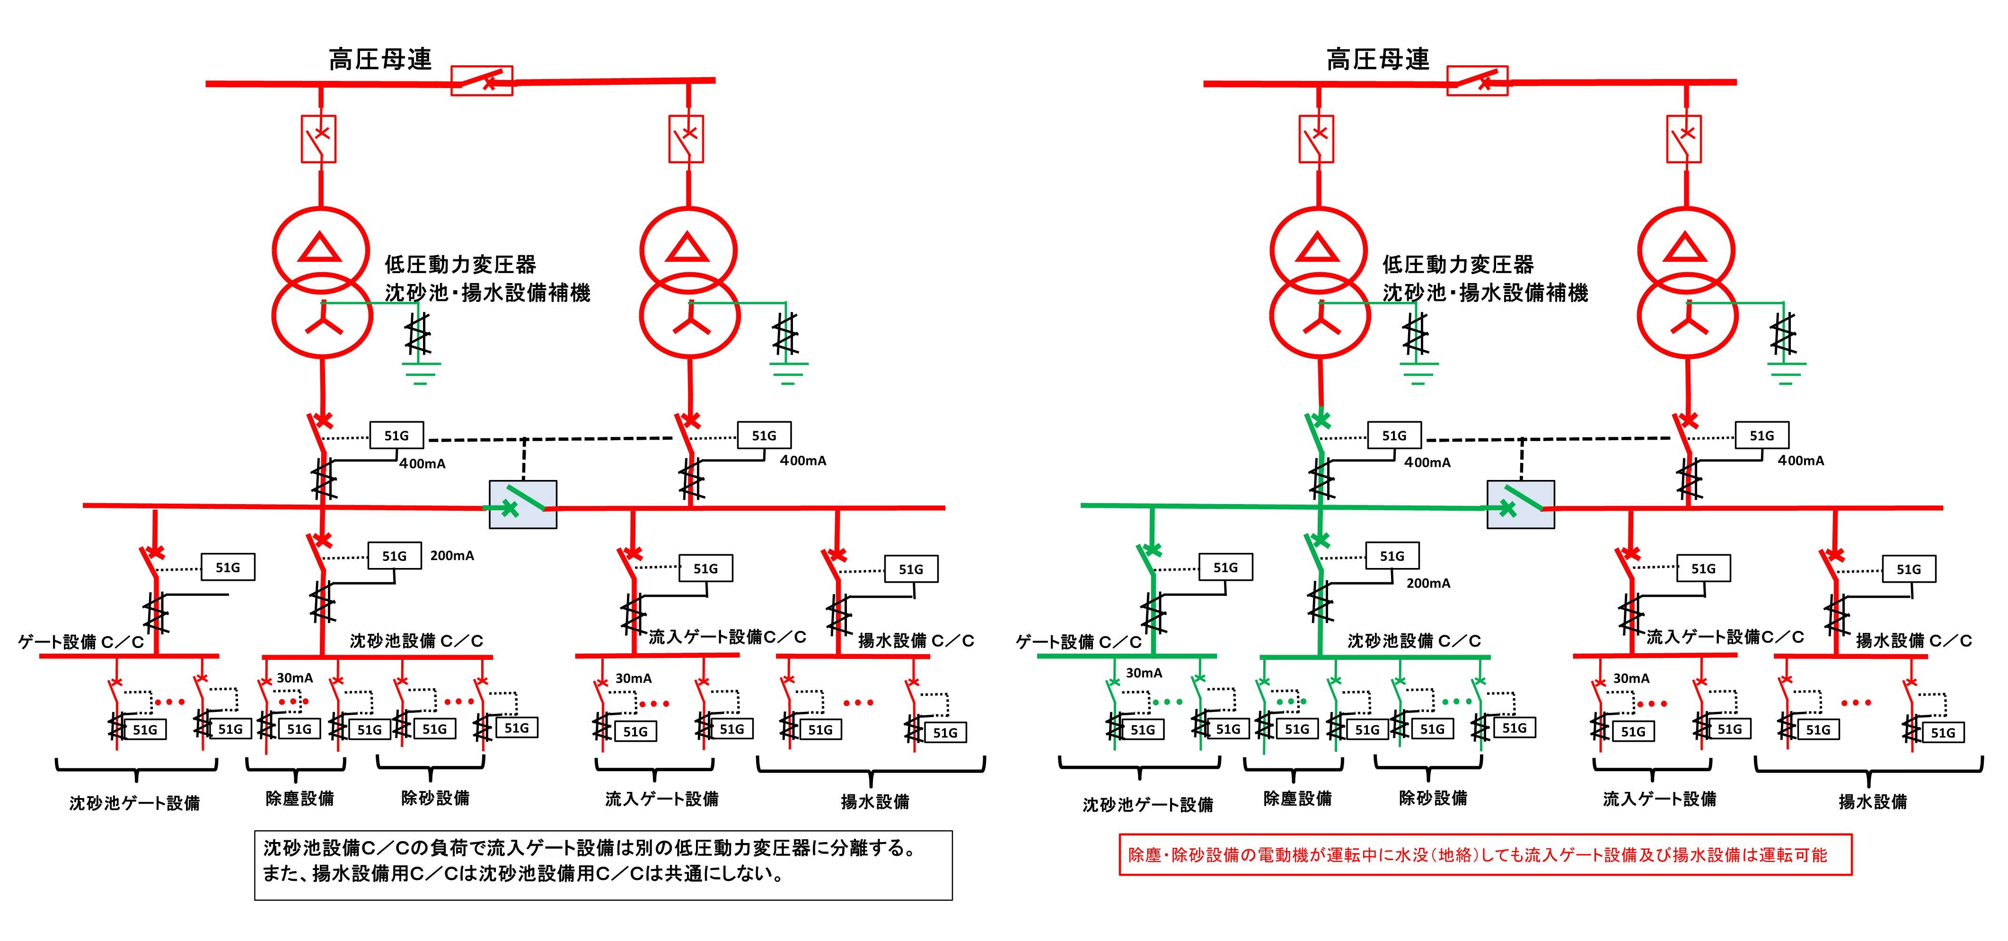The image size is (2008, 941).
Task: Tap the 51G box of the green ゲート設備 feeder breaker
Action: pyautogui.click(x=1225, y=568)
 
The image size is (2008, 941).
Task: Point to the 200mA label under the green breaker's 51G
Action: pyautogui.click(x=1428, y=583)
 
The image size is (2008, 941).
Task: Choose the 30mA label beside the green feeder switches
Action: pyautogui.click(x=1144, y=673)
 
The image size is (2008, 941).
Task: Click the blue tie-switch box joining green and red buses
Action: pyautogui.click(x=1520, y=505)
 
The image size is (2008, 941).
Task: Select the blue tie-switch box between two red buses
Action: pyautogui.click(x=522, y=505)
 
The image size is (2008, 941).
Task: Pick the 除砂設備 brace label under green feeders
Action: pyautogui.click(x=1433, y=798)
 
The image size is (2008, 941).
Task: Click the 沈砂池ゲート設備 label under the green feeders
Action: pyautogui.click(x=1147, y=804)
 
